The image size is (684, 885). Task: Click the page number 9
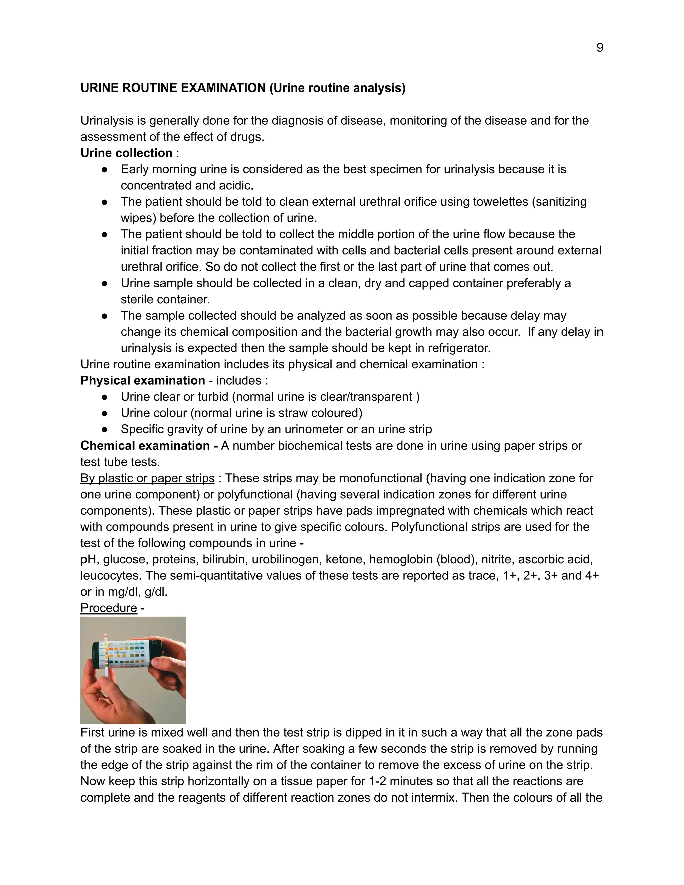[x=600, y=48]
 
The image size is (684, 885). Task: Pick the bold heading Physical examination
[x=143, y=380]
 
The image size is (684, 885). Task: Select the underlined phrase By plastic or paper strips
[x=148, y=478]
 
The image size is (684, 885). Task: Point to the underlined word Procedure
[x=109, y=608]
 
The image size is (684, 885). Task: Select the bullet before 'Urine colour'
[x=104, y=413]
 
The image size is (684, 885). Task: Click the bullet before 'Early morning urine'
[x=104, y=169]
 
